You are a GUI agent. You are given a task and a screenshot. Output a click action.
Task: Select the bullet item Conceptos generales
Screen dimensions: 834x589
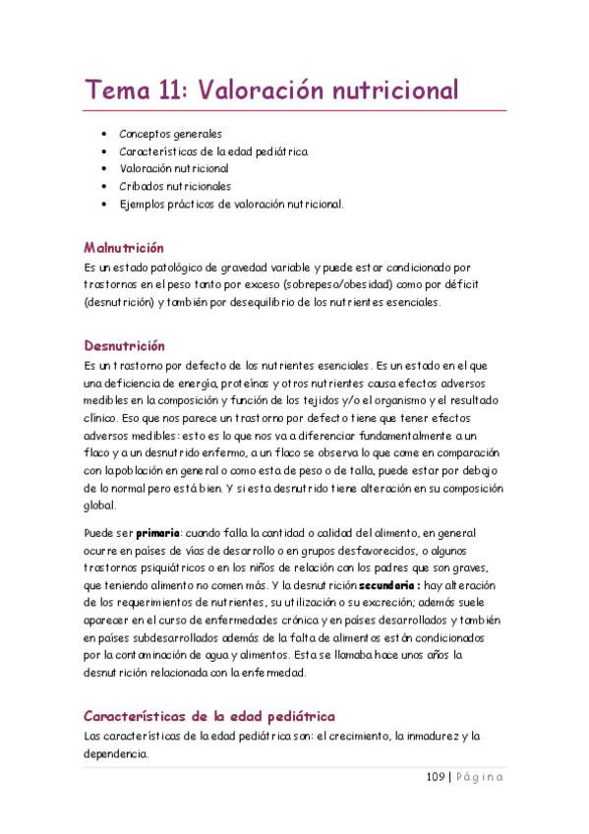(170, 134)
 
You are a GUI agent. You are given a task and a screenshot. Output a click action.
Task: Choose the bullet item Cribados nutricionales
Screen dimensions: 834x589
(175, 186)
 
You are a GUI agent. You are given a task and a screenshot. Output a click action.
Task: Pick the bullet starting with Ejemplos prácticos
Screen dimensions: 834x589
(232, 204)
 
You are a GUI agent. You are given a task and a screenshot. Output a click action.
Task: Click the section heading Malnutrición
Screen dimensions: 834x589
(124, 248)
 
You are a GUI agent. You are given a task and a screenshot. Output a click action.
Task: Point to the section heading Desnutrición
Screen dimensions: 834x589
(124, 346)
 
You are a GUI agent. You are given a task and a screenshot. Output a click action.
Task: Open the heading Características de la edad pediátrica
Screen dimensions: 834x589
(209, 716)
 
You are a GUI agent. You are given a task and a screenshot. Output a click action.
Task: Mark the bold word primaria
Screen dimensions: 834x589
(158, 532)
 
